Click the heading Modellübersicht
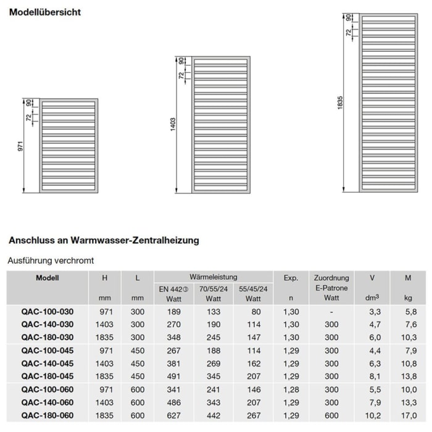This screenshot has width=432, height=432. [x=44, y=12]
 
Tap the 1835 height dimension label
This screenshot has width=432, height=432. [x=340, y=103]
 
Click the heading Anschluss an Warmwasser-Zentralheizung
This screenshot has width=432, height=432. [x=104, y=240]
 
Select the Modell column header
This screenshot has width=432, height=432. [x=48, y=278]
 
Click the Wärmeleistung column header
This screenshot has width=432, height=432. [x=213, y=277]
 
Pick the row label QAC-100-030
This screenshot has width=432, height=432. [x=48, y=313]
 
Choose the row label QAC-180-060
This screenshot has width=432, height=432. [x=48, y=416]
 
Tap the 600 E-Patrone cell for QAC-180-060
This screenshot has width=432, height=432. [x=331, y=416]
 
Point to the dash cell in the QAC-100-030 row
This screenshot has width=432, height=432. [x=331, y=313]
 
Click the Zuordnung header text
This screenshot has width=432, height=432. [x=331, y=278]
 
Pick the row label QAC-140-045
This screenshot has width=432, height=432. [x=48, y=363]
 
